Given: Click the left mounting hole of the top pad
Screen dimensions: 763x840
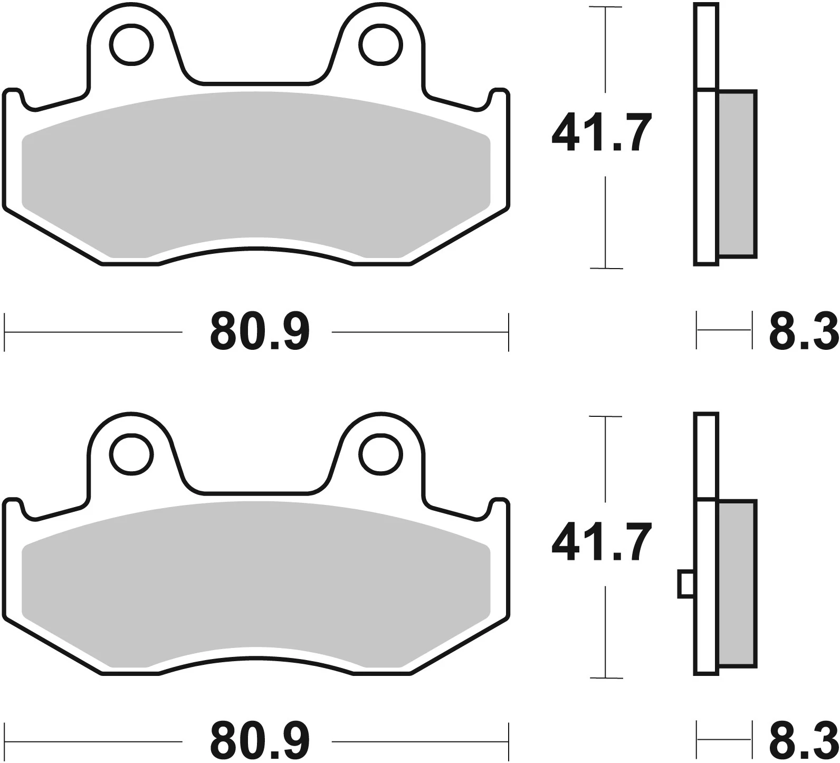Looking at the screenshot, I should [x=131, y=45].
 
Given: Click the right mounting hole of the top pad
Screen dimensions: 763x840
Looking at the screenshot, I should [x=380, y=45].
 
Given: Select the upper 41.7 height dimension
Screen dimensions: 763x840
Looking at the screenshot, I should [x=600, y=133].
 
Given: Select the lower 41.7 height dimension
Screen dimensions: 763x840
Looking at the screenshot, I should [x=600, y=542].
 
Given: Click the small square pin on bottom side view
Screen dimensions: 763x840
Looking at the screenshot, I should [x=685, y=584].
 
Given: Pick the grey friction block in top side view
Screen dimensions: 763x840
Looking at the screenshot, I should [x=737, y=174].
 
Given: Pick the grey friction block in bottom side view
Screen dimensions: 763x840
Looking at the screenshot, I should [x=737, y=583].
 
